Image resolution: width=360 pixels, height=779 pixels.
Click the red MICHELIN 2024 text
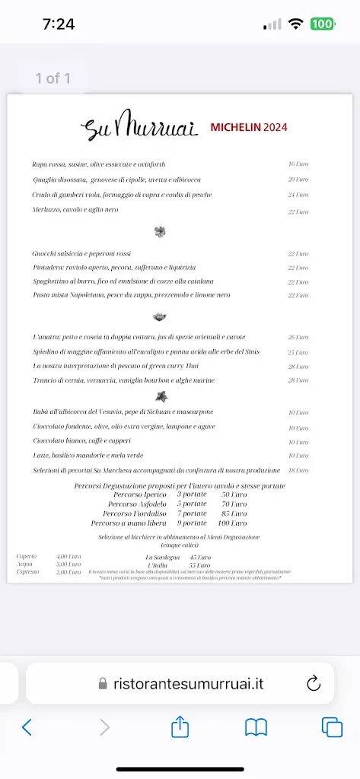pyautogui.click(x=248, y=127)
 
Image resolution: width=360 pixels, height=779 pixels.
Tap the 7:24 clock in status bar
pyautogui.click(x=59, y=24)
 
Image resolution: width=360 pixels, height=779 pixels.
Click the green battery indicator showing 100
pyautogui.click(x=322, y=24)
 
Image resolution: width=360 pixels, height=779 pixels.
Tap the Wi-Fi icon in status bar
pyautogui.click(x=295, y=24)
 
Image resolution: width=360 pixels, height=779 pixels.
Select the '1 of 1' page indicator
pyautogui.click(x=53, y=78)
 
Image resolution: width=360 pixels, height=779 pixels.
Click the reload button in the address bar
pyautogui.click(x=314, y=683)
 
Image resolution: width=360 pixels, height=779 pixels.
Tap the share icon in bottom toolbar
pyautogui.click(x=180, y=727)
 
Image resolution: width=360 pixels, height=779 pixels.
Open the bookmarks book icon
pyautogui.click(x=256, y=727)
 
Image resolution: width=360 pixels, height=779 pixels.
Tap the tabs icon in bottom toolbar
pyautogui.click(x=331, y=727)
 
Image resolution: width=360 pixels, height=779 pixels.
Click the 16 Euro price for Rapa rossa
pyautogui.click(x=298, y=164)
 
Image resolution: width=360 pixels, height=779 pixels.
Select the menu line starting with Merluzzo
pyautogui.click(x=75, y=210)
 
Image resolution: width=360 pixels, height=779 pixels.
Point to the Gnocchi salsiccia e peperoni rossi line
pyautogui.click(x=81, y=253)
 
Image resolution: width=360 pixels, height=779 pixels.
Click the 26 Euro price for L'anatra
pyautogui.click(x=298, y=337)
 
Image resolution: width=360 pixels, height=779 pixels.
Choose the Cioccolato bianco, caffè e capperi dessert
pyautogui.click(x=81, y=441)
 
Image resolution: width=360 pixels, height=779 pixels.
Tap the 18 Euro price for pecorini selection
pyautogui.click(x=298, y=471)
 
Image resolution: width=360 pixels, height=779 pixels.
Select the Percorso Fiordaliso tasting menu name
pyautogui.click(x=134, y=514)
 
